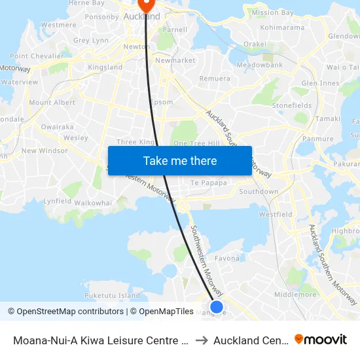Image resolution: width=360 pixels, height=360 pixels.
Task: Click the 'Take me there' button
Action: click(x=180, y=160)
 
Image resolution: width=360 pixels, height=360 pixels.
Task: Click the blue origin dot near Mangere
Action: click(x=217, y=306)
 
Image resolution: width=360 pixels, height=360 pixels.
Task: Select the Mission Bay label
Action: click(x=272, y=12)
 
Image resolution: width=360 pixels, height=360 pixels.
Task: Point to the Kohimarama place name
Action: click(x=282, y=27)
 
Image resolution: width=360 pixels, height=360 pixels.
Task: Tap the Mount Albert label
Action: click(x=52, y=102)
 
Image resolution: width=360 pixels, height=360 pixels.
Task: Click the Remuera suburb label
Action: click(x=215, y=79)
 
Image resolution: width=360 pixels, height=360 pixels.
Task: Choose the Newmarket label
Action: click(x=175, y=60)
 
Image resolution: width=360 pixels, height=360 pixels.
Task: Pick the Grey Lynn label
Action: click(x=91, y=41)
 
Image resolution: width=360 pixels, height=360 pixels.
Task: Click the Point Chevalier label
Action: click(x=37, y=56)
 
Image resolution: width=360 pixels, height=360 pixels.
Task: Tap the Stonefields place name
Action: click(x=292, y=105)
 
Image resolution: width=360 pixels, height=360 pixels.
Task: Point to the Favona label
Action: click(x=227, y=259)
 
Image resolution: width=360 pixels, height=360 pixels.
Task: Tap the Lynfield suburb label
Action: click(x=58, y=202)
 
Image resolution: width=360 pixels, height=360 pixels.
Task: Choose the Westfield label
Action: click(x=276, y=214)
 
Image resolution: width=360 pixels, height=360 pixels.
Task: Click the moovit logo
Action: click(x=321, y=339)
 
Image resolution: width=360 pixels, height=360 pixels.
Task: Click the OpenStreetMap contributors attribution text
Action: click(x=67, y=312)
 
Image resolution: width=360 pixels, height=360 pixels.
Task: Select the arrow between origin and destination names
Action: click(x=202, y=340)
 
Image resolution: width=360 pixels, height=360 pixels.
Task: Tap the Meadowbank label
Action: click(x=259, y=65)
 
